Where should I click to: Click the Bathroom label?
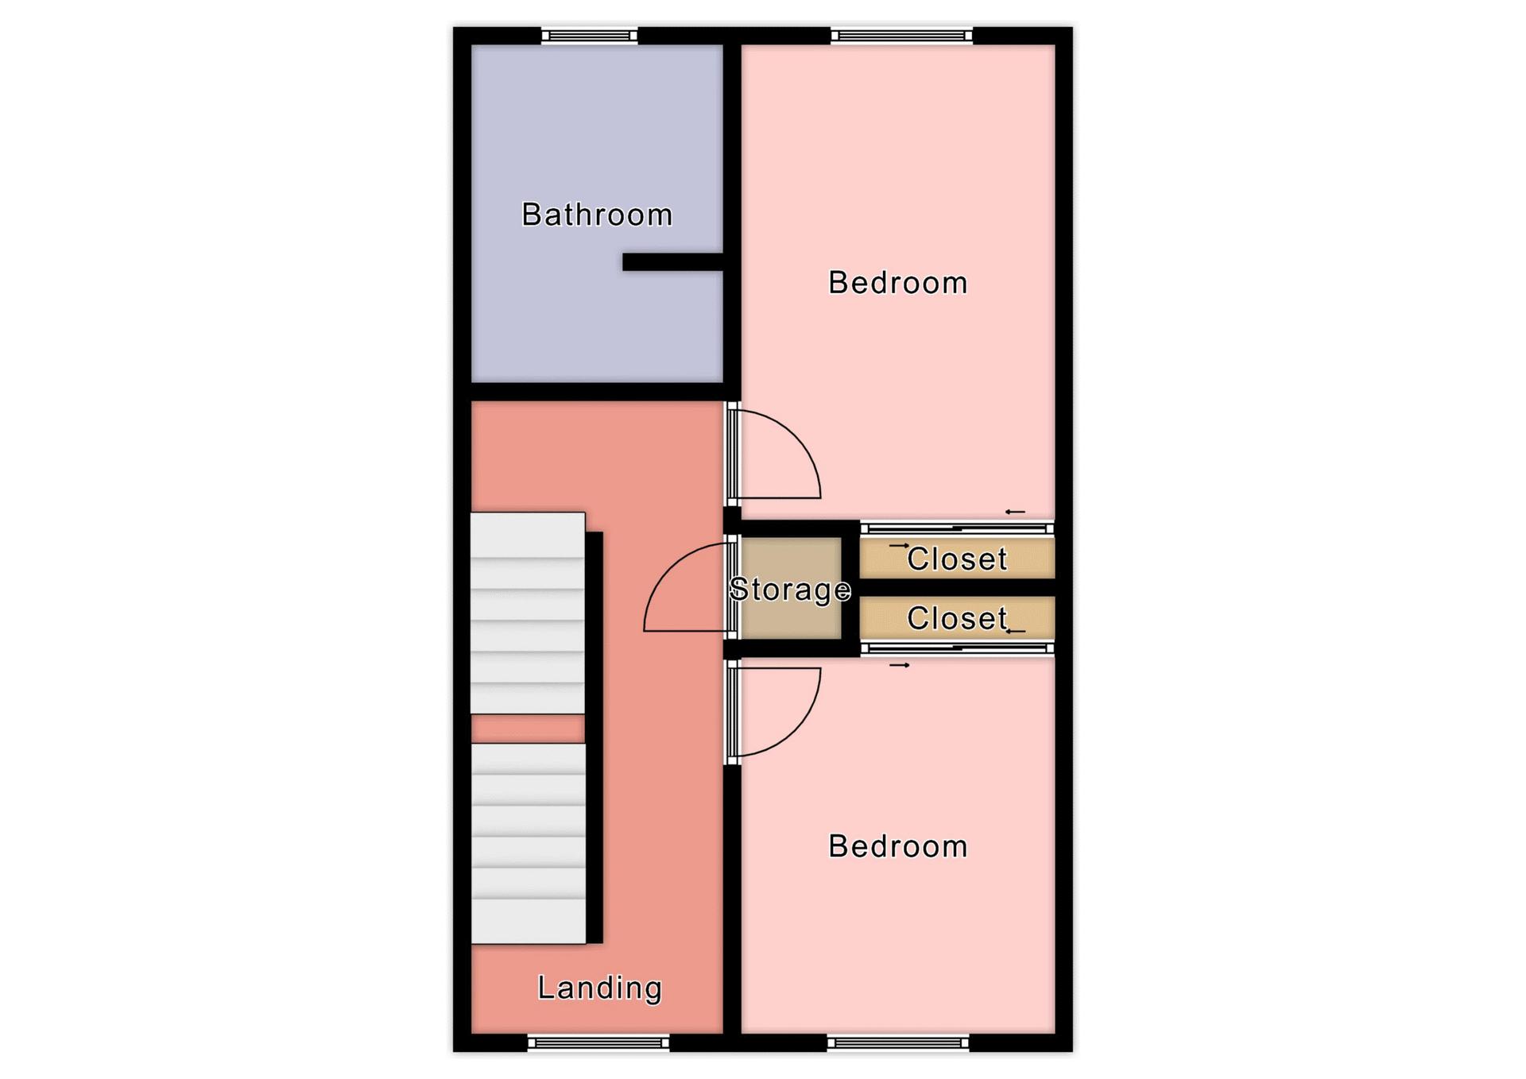(x=597, y=215)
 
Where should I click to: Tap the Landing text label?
(x=599, y=988)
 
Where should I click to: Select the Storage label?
(x=790, y=589)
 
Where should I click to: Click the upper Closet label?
(x=957, y=559)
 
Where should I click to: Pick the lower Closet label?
(x=957, y=618)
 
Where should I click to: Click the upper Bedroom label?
(x=898, y=283)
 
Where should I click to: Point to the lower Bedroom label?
(x=898, y=846)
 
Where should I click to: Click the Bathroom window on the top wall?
(x=590, y=36)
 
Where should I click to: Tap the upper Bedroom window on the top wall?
(x=902, y=36)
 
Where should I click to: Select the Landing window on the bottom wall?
(x=598, y=1042)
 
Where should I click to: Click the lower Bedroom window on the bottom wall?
(x=898, y=1042)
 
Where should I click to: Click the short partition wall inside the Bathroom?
(x=672, y=262)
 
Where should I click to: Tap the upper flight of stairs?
(x=528, y=613)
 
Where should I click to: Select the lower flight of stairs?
(x=529, y=844)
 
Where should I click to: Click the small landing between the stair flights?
(x=528, y=729)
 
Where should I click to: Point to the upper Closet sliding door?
(x=958, y=528)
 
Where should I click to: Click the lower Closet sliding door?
(x=958, y=649)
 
